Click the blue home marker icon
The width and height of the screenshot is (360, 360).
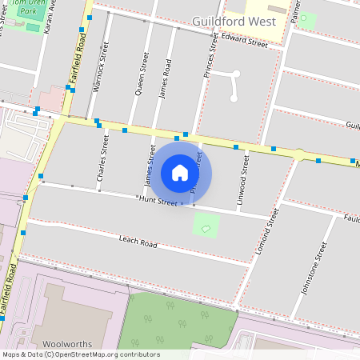pyautogui.click(x=180, y=172)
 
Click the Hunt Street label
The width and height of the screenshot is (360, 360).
pyautogui.click(x=157, y=202)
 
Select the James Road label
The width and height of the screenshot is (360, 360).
pyautogui.click(x=166, y=78)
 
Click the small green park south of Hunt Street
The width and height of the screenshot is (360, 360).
pyautogui.click(x=206, y=225)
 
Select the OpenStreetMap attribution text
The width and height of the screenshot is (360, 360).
pyautogui.click(x=80, y=354)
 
